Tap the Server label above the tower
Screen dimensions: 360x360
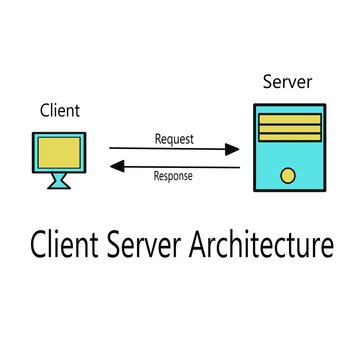pyautogui.click(x=286, y=81)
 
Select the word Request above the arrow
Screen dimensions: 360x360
pyautogui.click(x=174, y=139)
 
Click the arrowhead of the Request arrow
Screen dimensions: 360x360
pyautogui.click(x=234, y=150)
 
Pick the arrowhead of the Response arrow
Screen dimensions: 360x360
pyautogui.click(x=114, y=166)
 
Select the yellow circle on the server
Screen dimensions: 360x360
pyautogui.click(x=287, y=177)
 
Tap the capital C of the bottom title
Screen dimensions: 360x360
pyautogui.click(x=39, y=244)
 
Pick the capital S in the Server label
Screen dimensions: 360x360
pyautogui.click(x=267, y=81)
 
